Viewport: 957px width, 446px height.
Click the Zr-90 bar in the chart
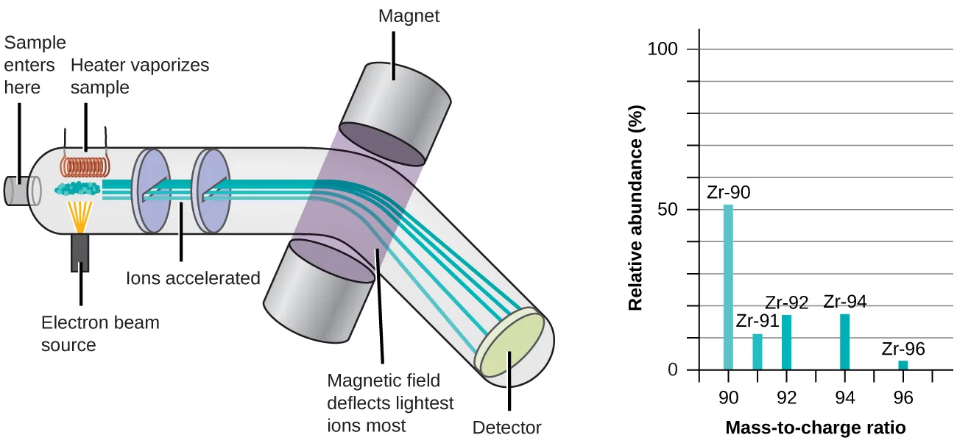click(x=728, y=287)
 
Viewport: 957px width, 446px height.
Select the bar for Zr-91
click(x=758, y=352)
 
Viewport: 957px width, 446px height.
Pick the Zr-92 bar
click(x=787, y=342)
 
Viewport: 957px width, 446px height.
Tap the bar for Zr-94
click(x=844, y=342)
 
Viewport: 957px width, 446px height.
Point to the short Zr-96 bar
click(x=903, y=365)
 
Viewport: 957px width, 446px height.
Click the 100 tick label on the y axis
click(x=662, y=50)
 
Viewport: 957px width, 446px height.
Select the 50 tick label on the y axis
click(x=667, y=210)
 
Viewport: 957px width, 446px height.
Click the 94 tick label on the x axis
click(x=844, y=398)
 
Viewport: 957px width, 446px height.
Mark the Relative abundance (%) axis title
click(x=637, y=209)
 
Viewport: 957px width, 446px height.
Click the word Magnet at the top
click(x=409, y=15)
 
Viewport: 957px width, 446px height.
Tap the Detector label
click(x=506, y=428)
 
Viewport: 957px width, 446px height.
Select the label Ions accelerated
click(x=194, y=278)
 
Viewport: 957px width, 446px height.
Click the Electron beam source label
click(x=100, y=333)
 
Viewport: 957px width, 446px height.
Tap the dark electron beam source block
click(x=80, y=252)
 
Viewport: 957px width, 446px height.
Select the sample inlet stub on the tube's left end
click(x=16, y=191)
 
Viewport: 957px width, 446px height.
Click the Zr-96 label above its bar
click(x=903, y=350)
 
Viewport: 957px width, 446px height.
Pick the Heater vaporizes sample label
click(x=140, y=76)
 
